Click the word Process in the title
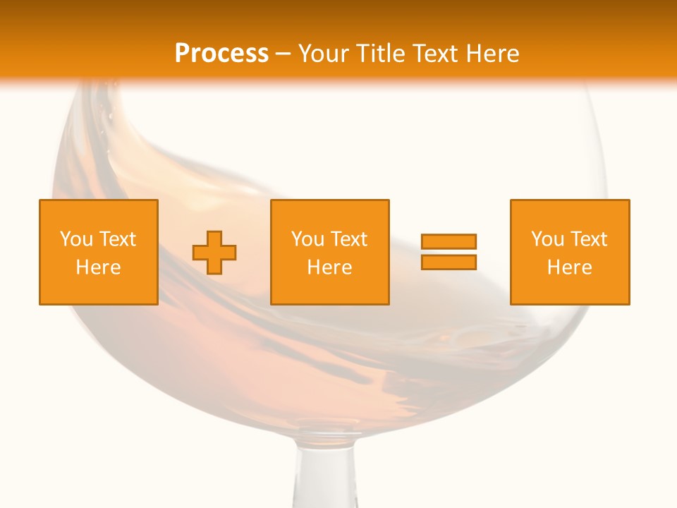click(221, 54)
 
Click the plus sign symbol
click(214, 253)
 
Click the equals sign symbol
click(449, 252)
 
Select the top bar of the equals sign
click(449, 242)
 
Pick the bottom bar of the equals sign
click(449, 262)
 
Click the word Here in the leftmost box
click(99, 267)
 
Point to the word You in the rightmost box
click(547, 239)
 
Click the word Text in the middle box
click(348, 239)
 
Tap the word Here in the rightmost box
click(570, 267)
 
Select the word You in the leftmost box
click(76, 239)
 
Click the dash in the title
click(283, 54)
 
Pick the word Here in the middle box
click(330, 267)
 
